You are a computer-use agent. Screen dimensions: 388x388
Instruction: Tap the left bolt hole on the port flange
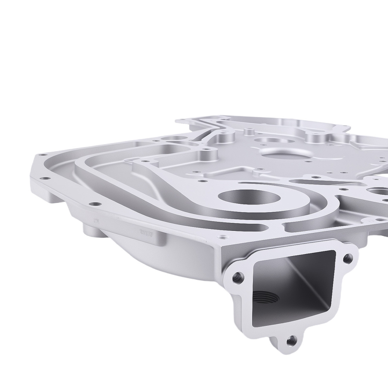coord(238,277)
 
